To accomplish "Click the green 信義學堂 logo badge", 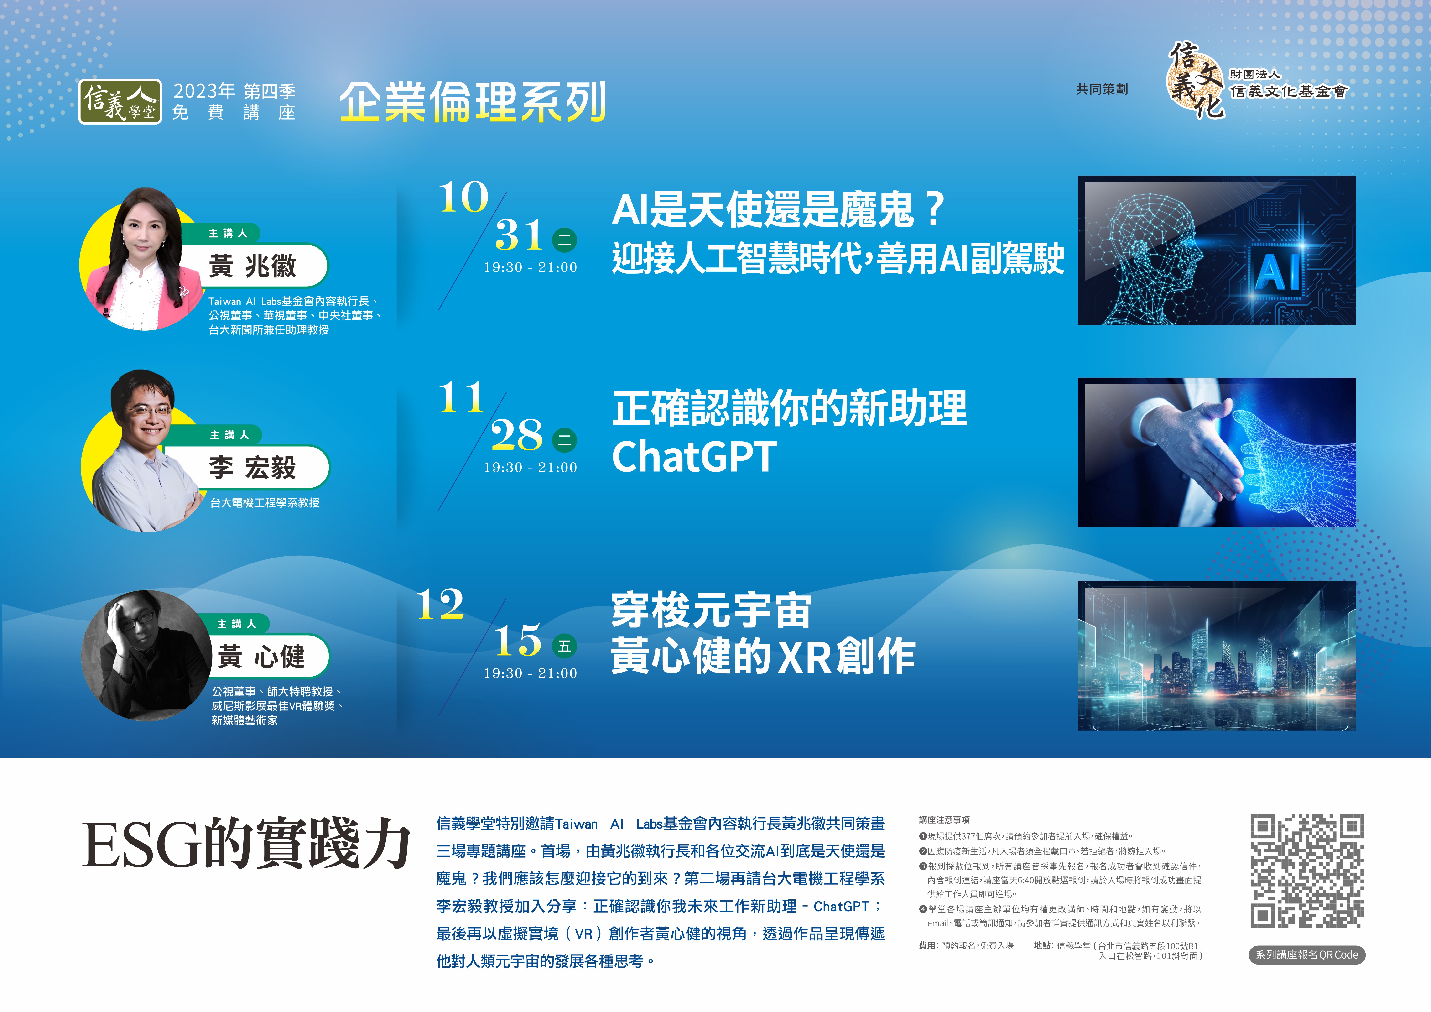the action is (120, 102).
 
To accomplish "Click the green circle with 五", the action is (565, 646).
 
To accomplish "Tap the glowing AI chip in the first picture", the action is (1278, 272).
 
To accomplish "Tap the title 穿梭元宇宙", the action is (711, 611).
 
